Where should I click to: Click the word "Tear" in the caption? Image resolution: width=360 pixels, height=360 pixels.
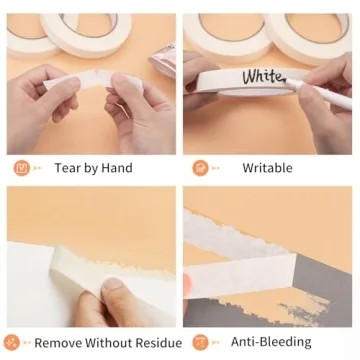click(x=69, y=168)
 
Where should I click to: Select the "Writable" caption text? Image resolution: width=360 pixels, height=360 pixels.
click(x=268, y=168)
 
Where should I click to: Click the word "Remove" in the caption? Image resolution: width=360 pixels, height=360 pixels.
click(x=57, y=343)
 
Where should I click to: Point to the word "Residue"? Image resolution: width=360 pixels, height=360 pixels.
click(x=147, y=343)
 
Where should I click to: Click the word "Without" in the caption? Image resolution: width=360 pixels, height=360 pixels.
click(x=104, y=343)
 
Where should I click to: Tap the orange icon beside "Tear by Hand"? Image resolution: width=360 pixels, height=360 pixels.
click(x=21, y=167)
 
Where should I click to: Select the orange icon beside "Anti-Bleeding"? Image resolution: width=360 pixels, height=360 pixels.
click(x=200, y=342)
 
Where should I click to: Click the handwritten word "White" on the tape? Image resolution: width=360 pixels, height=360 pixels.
click(x=262, y=75)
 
